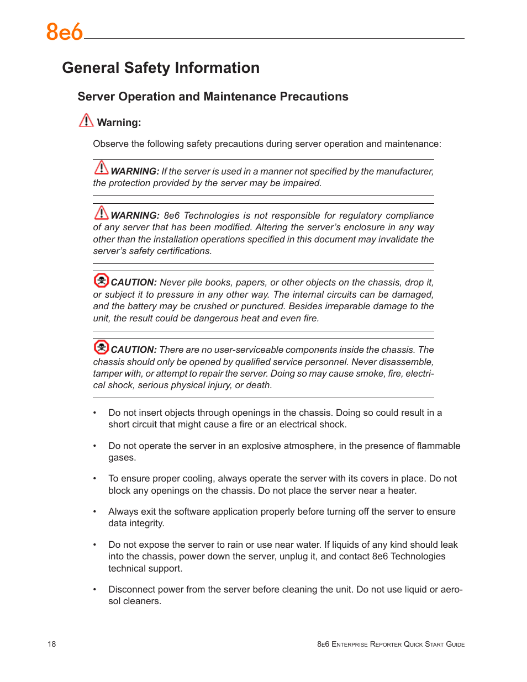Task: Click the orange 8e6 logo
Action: coord(64,32)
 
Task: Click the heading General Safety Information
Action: coord(161,68)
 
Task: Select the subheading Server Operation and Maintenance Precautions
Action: coord(213,97)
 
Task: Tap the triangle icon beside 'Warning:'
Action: coord(86,120)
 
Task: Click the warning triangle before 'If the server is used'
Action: coord(101,167)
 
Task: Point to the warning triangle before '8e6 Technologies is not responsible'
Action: coord(101,213)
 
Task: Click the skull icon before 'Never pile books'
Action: coord(101,281)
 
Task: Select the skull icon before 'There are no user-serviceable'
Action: coord(101,347)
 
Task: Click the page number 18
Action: coord(52,644)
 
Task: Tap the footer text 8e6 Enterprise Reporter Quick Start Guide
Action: coord(391,644)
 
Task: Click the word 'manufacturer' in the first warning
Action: coord(404,172)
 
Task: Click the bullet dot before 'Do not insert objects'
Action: coord(95,413)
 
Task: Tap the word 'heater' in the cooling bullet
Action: coord(401,491)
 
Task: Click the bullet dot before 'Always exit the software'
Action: coord(95,512)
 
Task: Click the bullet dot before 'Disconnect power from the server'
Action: coord(95,590)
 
